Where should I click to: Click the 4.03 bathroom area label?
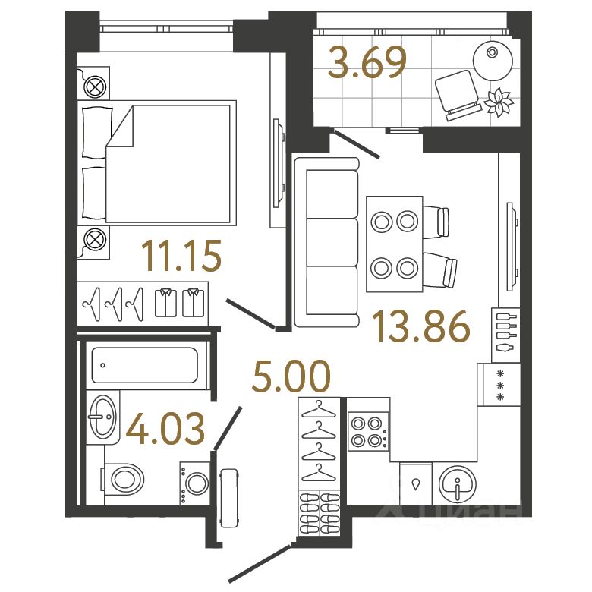point(165,429)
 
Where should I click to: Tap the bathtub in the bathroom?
point(144,364)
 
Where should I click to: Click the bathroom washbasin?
point(102,415)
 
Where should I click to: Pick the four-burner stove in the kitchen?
point(367,431)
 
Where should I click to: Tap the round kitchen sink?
point(458,483)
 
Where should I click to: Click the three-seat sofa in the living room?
point(326,242)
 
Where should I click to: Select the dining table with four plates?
point(393,244)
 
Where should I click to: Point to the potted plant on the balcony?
point(499,102)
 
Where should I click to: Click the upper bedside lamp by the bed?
point(95,87)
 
